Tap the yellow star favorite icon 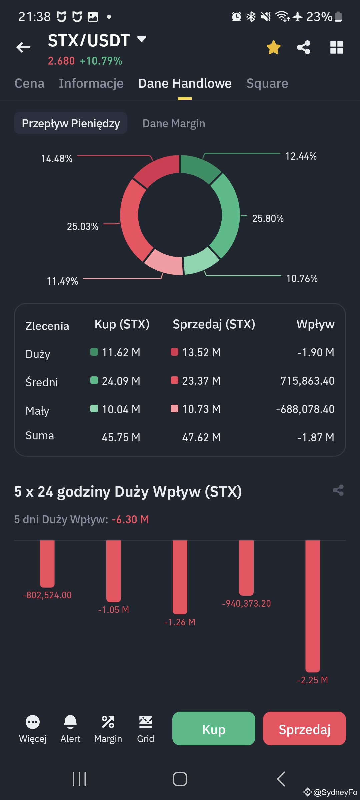pyautogui.click(x=273, y=47)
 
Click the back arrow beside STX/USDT pyautogui.click(x=23, y=47)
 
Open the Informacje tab pyautogui.click(x=91, y=83)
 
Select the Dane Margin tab pyautogui.click(x=174, y=123)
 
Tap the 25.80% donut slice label pyautogui.click(x=268, y=219)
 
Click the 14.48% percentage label pyautogui.click(x=57, y=158)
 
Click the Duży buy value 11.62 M pyautogui.click(x=121, y=352)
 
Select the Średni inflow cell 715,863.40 pyautogui.click(x=307, y=381)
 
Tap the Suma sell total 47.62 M pyautogui.click(x=201, y=437)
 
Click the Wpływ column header pyautogui.click(x=315, y=324)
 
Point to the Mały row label pyautogui.click(x=37, y=411)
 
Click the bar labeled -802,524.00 pyautogui.click(x=47, y=563)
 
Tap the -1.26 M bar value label pyautogui.click(x=180, y=622)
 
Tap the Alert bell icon pyautogui.click(x=70, y=722)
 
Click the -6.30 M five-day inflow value pyautogui.click(x=130, y=519)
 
